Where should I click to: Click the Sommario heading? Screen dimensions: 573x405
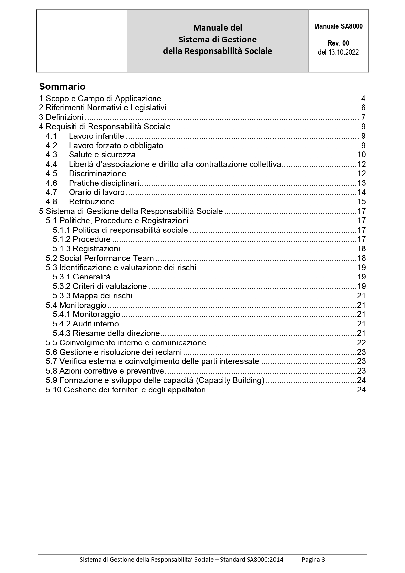coord(62,87)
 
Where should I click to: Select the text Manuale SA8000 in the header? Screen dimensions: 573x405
coord(338,26)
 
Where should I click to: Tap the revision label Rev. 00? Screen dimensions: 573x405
coord(338,43)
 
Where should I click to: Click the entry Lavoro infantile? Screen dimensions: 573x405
coord(96,136)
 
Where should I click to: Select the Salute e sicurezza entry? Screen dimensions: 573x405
coord(102,155)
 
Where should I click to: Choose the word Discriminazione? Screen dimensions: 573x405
coord(97,174)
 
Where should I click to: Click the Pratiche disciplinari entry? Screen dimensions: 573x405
coord(104,183)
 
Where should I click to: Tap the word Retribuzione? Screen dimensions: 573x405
coord(91,202)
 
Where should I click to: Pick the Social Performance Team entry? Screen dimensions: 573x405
coord(106,258)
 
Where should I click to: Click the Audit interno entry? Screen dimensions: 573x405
coord(96,324)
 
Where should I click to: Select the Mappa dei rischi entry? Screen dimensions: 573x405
coord(102,296)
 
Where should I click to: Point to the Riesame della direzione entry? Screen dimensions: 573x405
coord(116,333)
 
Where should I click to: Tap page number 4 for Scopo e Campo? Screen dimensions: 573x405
coord(363,99)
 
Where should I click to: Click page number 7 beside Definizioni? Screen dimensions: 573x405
coord(363,117)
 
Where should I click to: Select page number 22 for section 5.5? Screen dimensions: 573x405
coord(361,343)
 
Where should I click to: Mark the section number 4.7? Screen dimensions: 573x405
coord(51,192)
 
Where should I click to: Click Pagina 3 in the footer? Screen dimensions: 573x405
coord(313,560)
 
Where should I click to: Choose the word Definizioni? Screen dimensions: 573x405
coord(65,117)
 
